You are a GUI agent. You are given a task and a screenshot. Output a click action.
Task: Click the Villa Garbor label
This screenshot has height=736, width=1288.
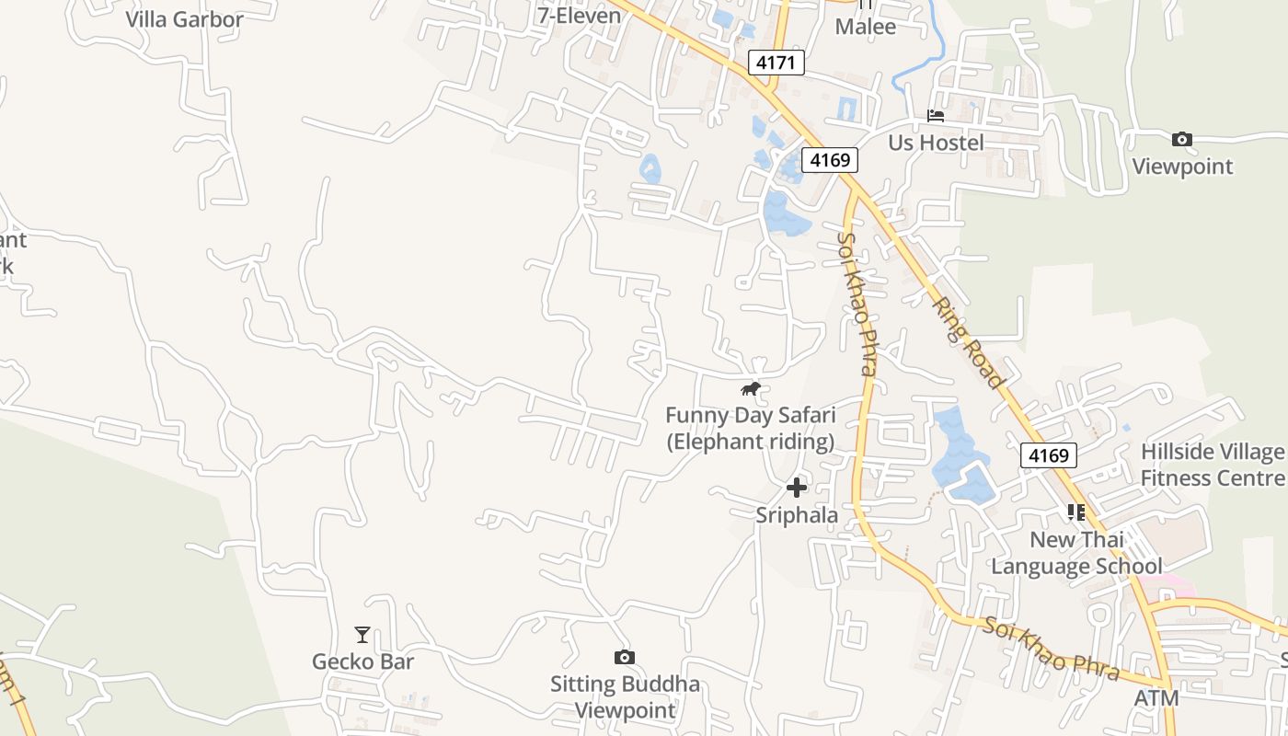(x=184, y=19)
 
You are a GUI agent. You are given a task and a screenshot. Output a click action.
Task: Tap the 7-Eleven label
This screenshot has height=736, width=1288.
(x=580, y=15)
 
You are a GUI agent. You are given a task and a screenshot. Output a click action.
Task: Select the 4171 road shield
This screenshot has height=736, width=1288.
(x=776, y=63)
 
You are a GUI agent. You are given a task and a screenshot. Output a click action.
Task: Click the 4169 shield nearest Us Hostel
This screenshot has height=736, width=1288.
(x=830, y=160)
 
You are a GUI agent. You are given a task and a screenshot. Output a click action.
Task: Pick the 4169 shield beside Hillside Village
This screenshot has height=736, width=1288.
(x=1048, y=455)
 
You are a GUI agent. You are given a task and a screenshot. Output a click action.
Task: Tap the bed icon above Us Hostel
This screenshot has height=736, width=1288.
(x=936, y=116)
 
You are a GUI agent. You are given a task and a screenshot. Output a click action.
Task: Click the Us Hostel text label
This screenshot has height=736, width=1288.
(x=936, y=143)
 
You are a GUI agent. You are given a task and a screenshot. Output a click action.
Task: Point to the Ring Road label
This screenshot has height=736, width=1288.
(x=968, y=341)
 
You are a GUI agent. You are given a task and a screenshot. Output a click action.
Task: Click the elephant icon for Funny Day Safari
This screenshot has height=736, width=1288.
(x=751, y=389)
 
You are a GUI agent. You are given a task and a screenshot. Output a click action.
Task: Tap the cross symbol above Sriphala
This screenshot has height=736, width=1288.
(x=797, y=488)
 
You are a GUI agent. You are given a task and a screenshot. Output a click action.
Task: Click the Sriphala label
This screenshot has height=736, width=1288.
(x=797, y=515)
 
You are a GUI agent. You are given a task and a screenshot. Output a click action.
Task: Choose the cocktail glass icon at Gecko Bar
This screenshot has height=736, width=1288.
(x=362, y=635)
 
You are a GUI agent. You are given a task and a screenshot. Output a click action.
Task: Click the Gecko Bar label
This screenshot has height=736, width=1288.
(x=362, y=661)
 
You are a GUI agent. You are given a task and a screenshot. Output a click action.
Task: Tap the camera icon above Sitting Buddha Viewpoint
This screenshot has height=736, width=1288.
(x=625, y=657)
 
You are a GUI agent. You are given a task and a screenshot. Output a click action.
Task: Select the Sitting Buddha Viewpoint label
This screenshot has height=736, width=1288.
(x=625, y=697)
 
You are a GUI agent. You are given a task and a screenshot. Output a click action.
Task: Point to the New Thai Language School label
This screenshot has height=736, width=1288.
(x=1076, y=553)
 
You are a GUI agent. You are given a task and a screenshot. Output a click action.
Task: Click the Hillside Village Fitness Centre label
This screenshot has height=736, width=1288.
(x=1212, y=465)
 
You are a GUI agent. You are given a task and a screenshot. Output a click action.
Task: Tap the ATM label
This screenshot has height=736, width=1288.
(x=1156, y=698)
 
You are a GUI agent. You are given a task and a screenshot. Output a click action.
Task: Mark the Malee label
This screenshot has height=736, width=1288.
(x=865, y=27)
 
